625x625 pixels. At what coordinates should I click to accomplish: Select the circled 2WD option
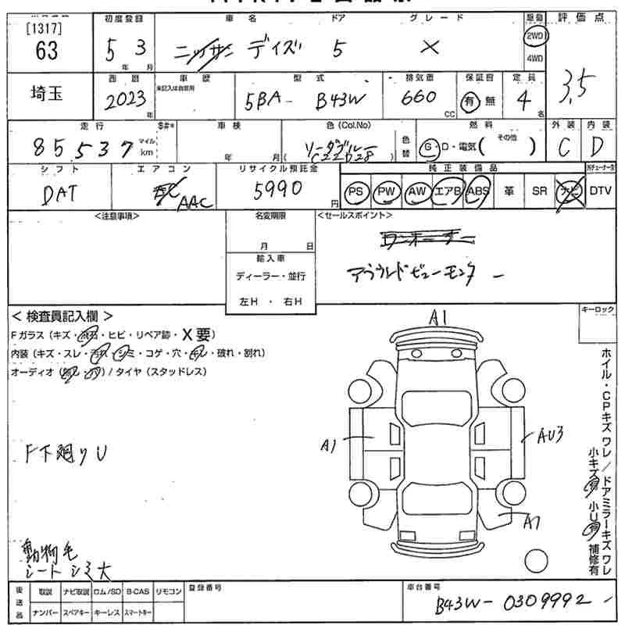click(534, 36)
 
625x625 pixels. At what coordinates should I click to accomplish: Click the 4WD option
click(534, 58)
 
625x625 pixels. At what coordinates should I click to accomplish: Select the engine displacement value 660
click(419, 98)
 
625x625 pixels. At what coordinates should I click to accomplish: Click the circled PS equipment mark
click(357, 191)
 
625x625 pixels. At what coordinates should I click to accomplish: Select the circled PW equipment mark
click(385, 191)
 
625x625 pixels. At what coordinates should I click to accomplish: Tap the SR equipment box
click(539, 191)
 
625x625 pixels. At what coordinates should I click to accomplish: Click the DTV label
click(601, 190)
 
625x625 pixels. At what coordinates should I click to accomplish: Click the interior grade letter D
click(598, 147)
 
